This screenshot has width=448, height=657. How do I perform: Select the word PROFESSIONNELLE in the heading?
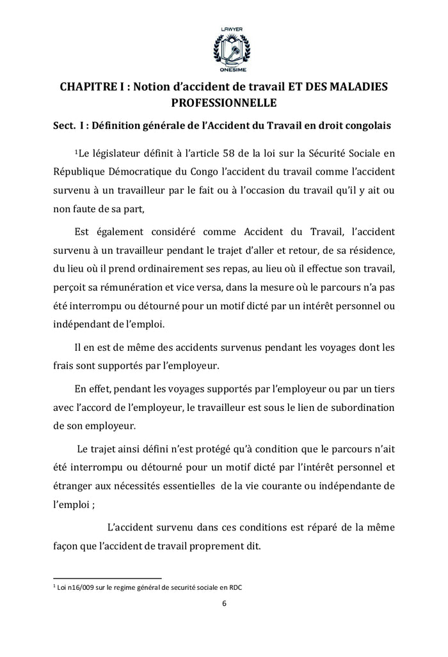223,102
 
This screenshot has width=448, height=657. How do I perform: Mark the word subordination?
358,408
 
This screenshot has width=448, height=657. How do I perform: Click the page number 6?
224,604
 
